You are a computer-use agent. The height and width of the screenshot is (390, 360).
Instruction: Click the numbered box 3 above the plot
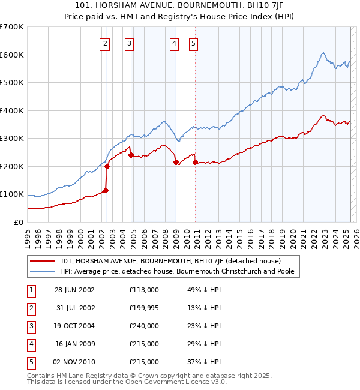pos(130,43)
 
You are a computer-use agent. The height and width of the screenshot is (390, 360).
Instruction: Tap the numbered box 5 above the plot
pos(194,43)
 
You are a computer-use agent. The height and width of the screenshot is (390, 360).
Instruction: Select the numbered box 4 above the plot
pos(174,43)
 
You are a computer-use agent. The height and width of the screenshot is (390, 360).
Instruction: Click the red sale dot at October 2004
pos(131,155)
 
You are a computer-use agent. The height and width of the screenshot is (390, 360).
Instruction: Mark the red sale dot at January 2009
pos(175,162)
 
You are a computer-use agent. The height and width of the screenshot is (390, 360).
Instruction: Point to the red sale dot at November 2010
pos(195,162)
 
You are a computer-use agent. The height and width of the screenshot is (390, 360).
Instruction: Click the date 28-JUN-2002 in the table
pos(75,290)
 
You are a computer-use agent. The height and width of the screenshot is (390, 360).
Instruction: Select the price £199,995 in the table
pos(144,308)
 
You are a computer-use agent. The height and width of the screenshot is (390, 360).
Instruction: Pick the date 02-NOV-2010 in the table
pos(75,362)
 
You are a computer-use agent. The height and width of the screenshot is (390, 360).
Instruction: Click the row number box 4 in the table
pos(31,344)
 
